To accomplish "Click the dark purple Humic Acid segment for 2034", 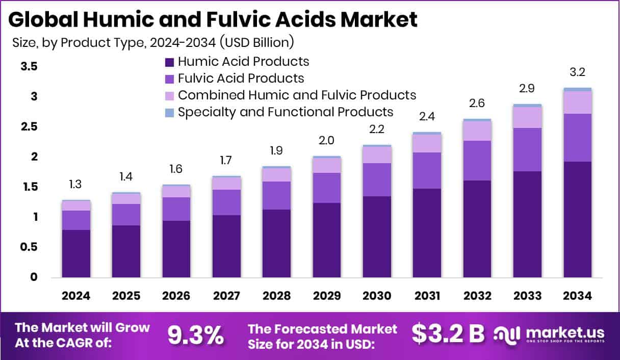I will pyautogui.click(x=578, y=219).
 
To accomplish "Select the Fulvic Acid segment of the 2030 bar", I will pyautogui.click(x=377, y=179).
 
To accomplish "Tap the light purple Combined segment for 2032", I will pyautogui.click(x=477, y=131).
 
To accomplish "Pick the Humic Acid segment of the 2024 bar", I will pyautogui.click(x=76, y=253).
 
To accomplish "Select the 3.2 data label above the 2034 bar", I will pyautogui.click(x=578, y=72).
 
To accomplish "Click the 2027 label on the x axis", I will pyautogui.click(x=226, y=296).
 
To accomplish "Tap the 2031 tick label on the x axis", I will pyautogui.click(x=427, y=296).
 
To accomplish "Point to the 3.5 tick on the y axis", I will pyautogui.click(x=30, y=67).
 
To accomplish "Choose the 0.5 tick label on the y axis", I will pyautogui.click(x=30, y=247).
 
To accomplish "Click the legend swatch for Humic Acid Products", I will pyautogui.click(x=169, y=62).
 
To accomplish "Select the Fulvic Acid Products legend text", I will pyautogui.click(x=241, y=79).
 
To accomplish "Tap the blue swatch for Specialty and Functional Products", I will pyautogui.click(x=169, y=112).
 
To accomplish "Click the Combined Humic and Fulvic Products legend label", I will pyautogui.click(x=297, y=95).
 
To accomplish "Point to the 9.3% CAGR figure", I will pyautogui.click(x=196, y=335).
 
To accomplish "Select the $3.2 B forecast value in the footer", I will pyautogui.click(x=448, y=334).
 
